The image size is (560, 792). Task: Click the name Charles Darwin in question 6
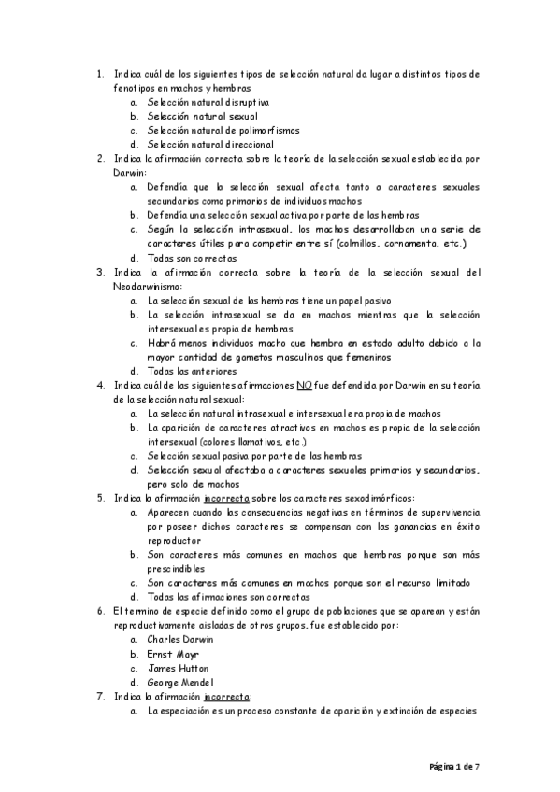point(180,640)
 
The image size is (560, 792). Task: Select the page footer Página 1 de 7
point(454,766)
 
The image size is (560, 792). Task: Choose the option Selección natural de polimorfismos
point(223,130)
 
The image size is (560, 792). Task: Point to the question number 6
point(100,611)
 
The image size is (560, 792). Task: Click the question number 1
point(100,73)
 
